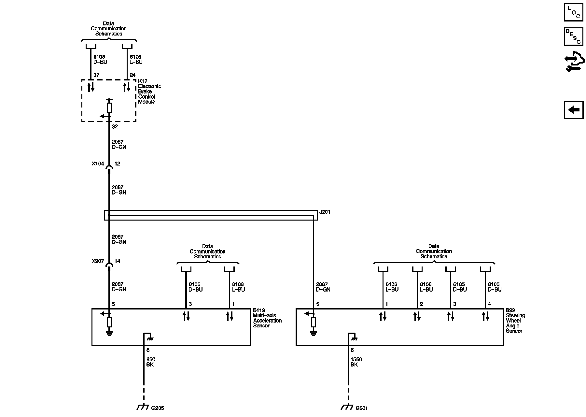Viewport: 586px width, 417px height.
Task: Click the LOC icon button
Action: [574, 12]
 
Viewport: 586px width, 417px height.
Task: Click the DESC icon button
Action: [574, 36]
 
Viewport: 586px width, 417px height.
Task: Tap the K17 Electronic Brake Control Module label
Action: [149, 92]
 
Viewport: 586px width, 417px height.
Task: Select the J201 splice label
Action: [325, 212]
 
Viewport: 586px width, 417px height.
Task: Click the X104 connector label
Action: [98, 164]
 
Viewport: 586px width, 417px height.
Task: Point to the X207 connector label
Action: [98, 261]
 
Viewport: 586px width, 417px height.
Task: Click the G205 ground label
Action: [158, 408]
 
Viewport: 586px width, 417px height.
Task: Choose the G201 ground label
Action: [362, 408]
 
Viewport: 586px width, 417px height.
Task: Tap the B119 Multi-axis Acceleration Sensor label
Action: [267, 318]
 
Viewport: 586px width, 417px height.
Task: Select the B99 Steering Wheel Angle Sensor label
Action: [515, 321]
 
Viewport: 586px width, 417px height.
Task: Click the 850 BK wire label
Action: [151, 362]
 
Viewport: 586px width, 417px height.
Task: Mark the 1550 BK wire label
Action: [356, 362]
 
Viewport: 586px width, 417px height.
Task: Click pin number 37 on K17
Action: [96, 75]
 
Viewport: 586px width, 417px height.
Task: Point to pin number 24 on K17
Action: [133, 75]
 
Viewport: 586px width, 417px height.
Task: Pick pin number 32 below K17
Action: [115, 127]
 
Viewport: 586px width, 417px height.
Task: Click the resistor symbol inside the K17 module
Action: [109, 108]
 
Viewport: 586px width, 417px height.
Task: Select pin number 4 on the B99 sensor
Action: [489, 304]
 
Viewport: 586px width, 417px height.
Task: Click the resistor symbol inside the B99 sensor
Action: [313, 322]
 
